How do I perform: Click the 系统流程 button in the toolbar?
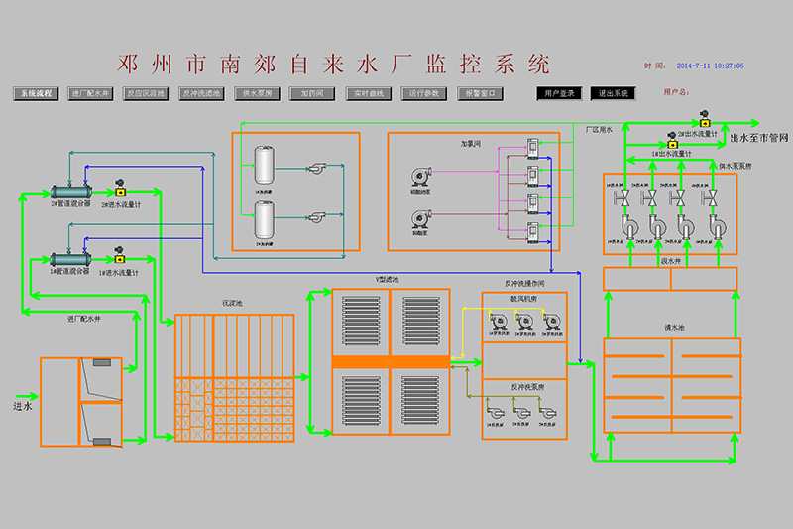pyautogui.click(x=38, y=93)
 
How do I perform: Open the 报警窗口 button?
pyautogui.click(x=482, y=93)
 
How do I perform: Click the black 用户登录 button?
pyautogui.click(x=560, y=93)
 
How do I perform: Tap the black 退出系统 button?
pyautogui.click(x=613, y=93)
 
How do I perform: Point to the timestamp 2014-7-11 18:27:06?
pyautogui.click(x=709, y=66)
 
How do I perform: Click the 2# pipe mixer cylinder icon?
pyautogui.click(x=71, y=192)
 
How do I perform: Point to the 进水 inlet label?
pyautogui.click(x=22, y=406)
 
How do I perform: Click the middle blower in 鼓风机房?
pyautogui.click(x=524, y=322)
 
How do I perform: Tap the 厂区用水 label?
pyautogui.click(x=599, y=129)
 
